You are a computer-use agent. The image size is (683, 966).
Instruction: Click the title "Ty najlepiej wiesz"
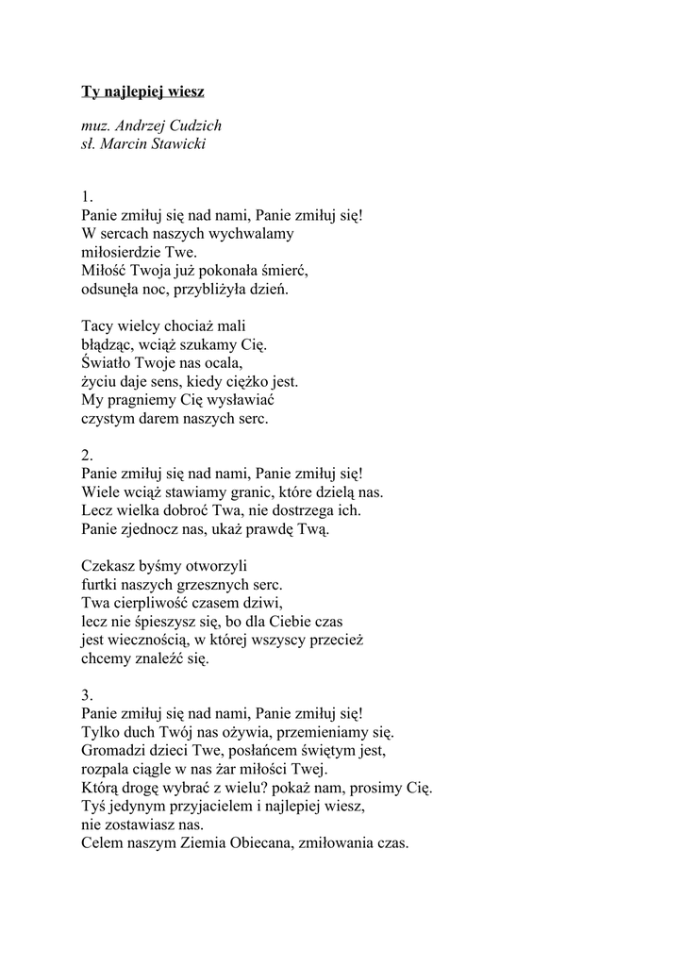tap(142, 92)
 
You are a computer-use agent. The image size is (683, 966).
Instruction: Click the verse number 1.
tap(87, 196)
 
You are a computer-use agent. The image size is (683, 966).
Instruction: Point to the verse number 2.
tap(88, 455)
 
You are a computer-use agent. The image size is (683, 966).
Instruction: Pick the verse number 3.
tap(88, 695)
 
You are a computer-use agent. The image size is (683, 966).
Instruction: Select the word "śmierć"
tap(286, 270)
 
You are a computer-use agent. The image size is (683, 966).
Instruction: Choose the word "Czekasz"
tap(108, 566)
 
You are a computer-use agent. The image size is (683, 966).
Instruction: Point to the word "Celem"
tap(102, 843)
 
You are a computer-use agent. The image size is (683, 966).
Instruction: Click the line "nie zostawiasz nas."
tap(138, 824)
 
